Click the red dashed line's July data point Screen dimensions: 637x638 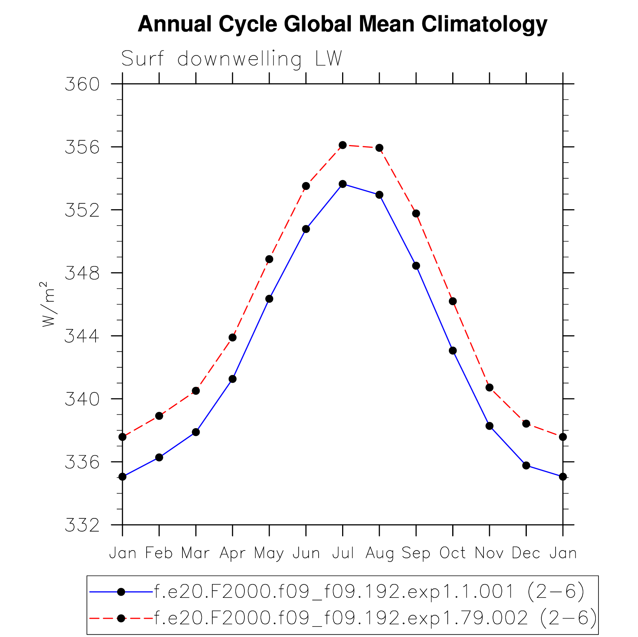343,145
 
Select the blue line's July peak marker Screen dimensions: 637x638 343,184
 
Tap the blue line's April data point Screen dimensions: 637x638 232,379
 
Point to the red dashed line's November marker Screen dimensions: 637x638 490,387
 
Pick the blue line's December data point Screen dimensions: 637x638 526,465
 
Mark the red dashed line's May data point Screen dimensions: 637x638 269,259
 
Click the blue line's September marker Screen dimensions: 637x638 416,266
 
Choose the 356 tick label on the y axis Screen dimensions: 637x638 82,147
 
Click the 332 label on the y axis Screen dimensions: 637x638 82,525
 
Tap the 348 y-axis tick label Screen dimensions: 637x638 82,273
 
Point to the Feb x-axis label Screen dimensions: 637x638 159,553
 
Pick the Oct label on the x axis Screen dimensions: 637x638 453,553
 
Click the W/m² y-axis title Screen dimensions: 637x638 48,304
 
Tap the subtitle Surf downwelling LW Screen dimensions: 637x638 231,59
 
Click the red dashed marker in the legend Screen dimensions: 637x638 121,618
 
